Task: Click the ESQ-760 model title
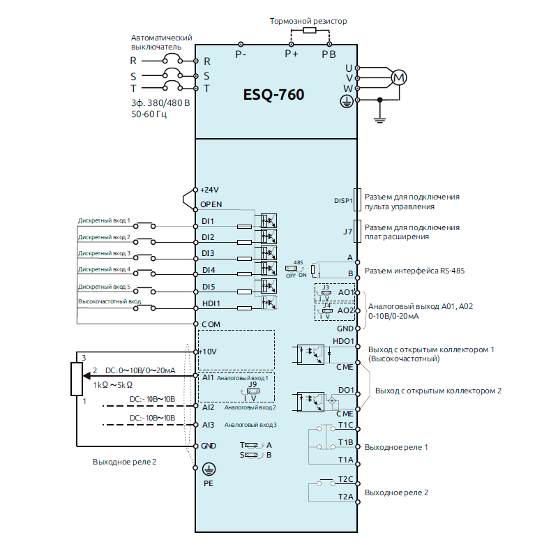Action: click(273, 94)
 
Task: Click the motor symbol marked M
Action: click(398, 77)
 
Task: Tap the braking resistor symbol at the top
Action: click(308, 31)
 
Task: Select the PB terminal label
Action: click(329, 54)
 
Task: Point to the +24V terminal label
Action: click(209, 189)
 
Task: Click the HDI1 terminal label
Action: click(211, 303)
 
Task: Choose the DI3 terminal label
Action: click(208, 253)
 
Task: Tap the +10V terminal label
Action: click(209, 352)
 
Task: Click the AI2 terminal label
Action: click(207, 407)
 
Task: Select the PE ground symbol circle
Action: click(207, 469)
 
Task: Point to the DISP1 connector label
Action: click(344, 201)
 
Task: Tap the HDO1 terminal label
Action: click(344, 341)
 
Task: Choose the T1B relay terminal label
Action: click(345, 442)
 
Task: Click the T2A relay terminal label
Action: click(346, 496)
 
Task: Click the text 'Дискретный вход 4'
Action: click(104, 269)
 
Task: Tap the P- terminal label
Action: click(241, 54)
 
